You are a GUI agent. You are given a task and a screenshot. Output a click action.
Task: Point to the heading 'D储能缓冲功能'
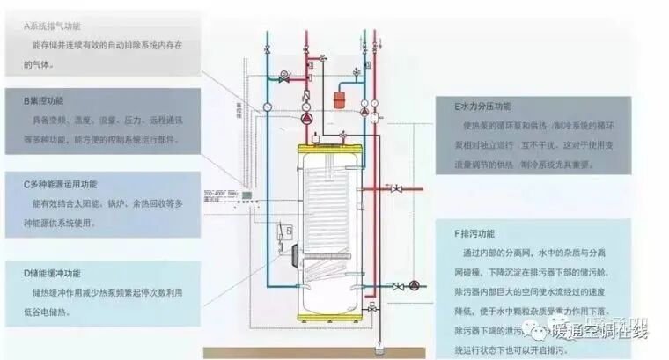tap(55, 273)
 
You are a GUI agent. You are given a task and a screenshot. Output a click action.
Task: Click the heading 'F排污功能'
tap(474, 233)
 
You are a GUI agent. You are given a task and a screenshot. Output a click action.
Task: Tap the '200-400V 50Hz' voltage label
tap(222, 192)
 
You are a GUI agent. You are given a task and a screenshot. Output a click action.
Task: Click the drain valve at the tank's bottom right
tap(373, 308)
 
